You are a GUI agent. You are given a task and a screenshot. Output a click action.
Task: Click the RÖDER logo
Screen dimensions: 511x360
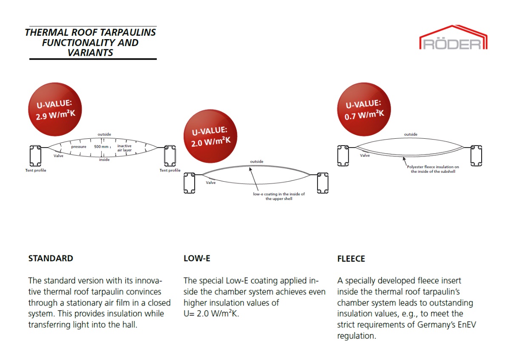pyautogui.click(x=453, y=37)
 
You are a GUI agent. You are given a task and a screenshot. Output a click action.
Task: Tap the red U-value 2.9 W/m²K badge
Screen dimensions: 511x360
pyautogui.click(x=55, y=109)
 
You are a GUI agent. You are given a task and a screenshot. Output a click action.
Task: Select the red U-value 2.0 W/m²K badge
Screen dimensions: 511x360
pyautogui.click(x=210, y=136)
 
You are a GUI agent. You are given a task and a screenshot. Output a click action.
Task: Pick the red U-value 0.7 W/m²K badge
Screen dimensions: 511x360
pyautogui.click(x=364, y=109)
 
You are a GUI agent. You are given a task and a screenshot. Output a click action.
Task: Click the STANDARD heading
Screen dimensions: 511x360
pyautogui.click(x=51, y=258)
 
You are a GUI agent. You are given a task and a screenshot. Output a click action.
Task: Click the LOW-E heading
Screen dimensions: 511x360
pyautogui.click(x=197, y=258)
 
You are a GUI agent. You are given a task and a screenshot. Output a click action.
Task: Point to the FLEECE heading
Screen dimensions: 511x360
pyautogui.click(x=351, y=259)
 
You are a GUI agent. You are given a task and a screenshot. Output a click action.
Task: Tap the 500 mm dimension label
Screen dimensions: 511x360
pyautogui.click(x=101, y=146)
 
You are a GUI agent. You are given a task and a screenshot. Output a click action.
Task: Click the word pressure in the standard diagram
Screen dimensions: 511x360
pyautogui.click(x=79, y=147)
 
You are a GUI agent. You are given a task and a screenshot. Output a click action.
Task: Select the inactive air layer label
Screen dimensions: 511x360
pyautogui.click(x=125, y=148)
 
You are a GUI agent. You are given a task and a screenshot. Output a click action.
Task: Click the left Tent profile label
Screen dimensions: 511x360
pyautogui.click(x=36, y=170)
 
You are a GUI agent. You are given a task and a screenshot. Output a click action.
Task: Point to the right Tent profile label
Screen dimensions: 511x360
pyautogui.click(x=170, y=170)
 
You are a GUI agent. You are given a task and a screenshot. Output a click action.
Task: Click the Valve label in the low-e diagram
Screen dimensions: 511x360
pyautogui.click(x=211, y=183)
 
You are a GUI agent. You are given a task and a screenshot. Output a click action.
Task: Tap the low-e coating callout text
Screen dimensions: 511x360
pyautogui.click(x=279, y=196)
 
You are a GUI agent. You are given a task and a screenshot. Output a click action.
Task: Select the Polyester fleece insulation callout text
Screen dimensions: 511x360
pyautogui.click(x=433, y=169)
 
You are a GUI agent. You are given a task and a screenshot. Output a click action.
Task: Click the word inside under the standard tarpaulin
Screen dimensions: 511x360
pyautogui.click(x=104, y=160)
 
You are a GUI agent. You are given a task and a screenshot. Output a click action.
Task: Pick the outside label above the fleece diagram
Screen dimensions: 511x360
pyautogui.click(x=411, y=134)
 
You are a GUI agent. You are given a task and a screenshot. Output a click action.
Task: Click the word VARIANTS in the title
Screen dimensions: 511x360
pyautogui.click(x=90, y=53)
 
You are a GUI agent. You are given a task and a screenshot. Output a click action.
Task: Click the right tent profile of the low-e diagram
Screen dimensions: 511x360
pyautogui.click(x=323, y=183)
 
